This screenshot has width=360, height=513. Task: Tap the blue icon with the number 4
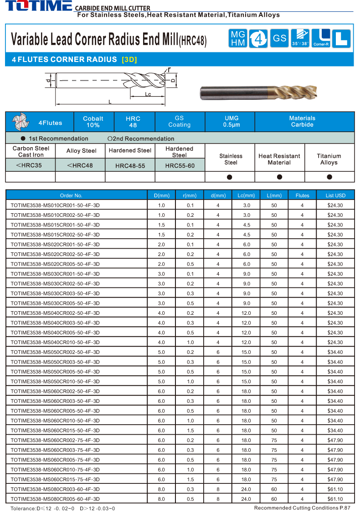point(258,38)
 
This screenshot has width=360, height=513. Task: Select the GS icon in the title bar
point(279,38)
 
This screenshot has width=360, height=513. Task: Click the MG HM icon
point(238,38)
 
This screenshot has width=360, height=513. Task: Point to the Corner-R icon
point(321,38)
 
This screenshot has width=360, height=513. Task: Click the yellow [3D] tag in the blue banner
point(129,60)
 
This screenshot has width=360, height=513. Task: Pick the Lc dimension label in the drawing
point(148,94)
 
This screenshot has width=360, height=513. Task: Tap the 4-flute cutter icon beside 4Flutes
point(20,122)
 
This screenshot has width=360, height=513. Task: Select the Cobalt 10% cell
point(93,122)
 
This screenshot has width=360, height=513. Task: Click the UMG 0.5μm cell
point(231,121)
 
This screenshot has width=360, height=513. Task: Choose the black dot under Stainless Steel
point(230,177)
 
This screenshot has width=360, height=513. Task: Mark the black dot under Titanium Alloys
point(329,177)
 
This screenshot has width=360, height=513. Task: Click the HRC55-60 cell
point(180,166)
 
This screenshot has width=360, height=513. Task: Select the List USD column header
point(335,195)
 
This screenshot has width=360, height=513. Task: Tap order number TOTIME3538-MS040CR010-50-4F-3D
point(55,342)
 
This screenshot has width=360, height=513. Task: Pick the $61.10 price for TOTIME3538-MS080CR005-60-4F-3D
point(335,499)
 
